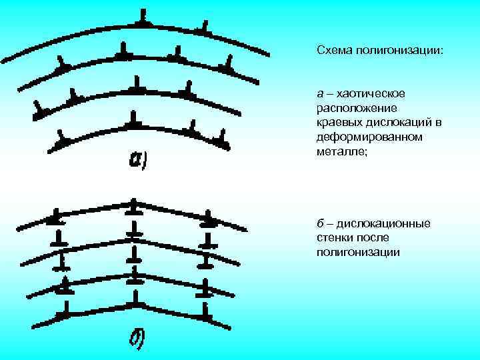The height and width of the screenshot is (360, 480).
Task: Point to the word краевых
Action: [335, 123]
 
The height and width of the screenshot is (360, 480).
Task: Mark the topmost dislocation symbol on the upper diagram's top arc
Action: [142, 19]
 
